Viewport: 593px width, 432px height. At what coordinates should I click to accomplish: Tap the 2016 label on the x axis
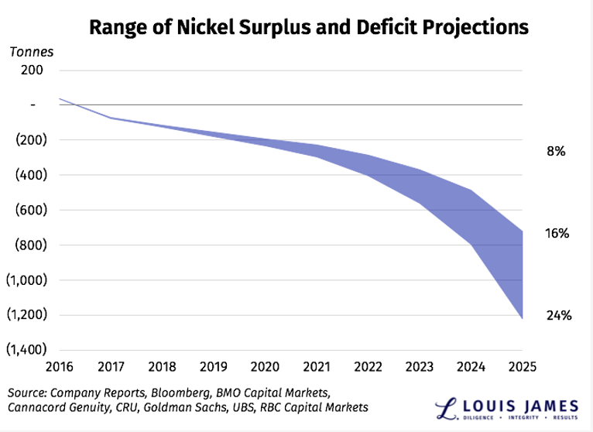pos(59,365)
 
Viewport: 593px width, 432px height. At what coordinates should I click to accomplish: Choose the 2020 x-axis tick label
pos(266,365)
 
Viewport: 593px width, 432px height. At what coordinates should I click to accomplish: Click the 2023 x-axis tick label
pos(420,365)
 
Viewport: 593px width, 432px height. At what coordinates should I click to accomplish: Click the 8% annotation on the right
pos(556,152)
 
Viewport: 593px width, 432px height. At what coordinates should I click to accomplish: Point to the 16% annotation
pos(556,232)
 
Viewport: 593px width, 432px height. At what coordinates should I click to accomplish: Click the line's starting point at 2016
pos(60,98)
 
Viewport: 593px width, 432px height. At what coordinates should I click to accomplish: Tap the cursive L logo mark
pos(445,407)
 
